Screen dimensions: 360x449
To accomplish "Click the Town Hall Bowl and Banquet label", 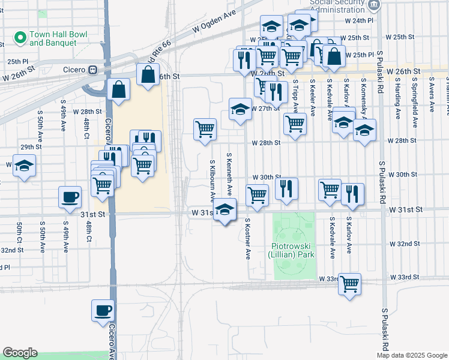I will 53,39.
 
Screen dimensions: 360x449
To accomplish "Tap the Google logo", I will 20,353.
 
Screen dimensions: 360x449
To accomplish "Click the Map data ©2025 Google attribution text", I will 411,355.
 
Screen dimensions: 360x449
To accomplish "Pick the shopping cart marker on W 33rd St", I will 349,283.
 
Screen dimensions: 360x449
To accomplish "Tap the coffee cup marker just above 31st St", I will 70,196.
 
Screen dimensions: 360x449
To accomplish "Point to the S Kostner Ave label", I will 247,239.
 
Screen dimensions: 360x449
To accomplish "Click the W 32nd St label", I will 403,244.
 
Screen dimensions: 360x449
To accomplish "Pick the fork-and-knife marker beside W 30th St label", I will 287,188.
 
